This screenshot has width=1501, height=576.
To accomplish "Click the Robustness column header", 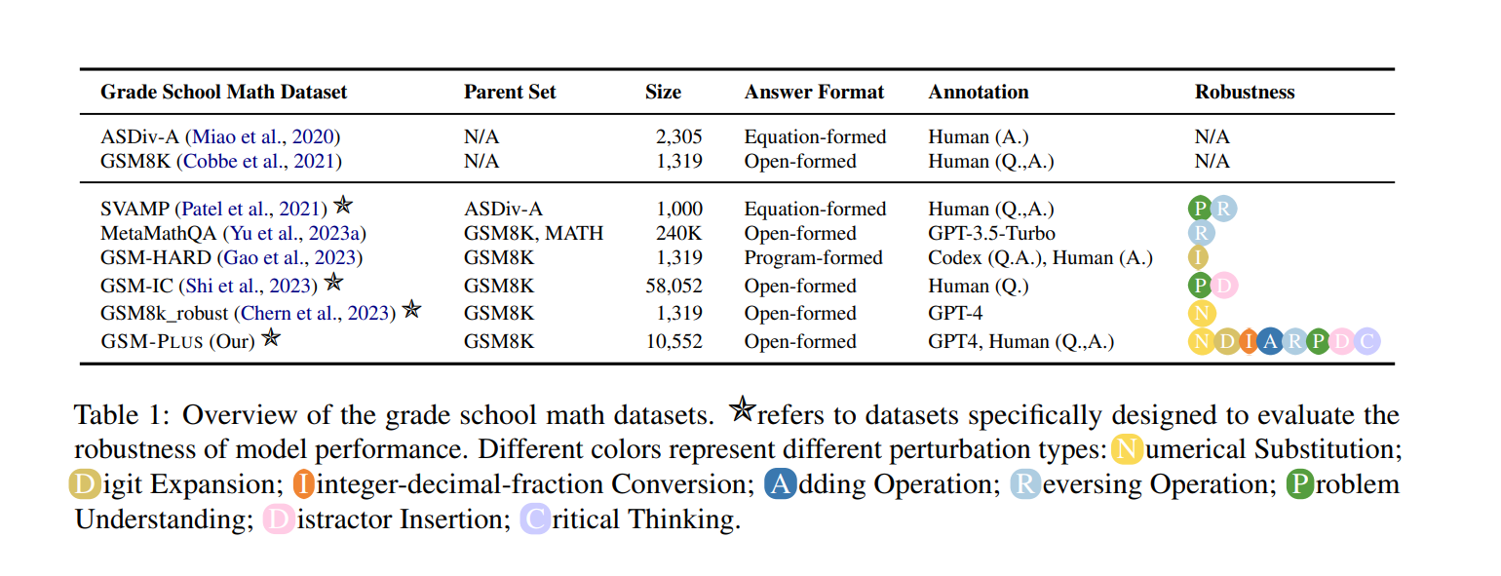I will click(1245, 93).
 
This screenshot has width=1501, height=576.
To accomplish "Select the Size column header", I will click(663, 93).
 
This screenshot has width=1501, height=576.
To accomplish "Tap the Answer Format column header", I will click(814, 93).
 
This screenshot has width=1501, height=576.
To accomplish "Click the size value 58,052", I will click(674, 286).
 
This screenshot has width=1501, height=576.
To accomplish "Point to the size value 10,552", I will click(674, 341).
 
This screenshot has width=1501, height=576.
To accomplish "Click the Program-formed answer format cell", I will click(814, 258).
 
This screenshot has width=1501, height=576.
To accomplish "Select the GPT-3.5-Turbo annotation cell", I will click(991, 234).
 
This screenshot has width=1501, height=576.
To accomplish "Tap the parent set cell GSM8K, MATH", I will click(533, 234).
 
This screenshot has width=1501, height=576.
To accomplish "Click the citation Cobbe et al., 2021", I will click(261, 161).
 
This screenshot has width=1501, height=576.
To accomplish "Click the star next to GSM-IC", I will click(334, 284).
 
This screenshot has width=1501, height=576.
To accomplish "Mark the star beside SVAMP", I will click(342, 206).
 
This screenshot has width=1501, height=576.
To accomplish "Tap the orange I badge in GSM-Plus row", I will click(1248, 341).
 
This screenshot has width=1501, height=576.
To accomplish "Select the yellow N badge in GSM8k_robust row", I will click(1202, 314).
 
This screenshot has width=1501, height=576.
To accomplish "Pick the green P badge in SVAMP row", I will click(1200, 209).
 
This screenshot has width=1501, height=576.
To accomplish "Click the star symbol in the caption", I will click(742, 412).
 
